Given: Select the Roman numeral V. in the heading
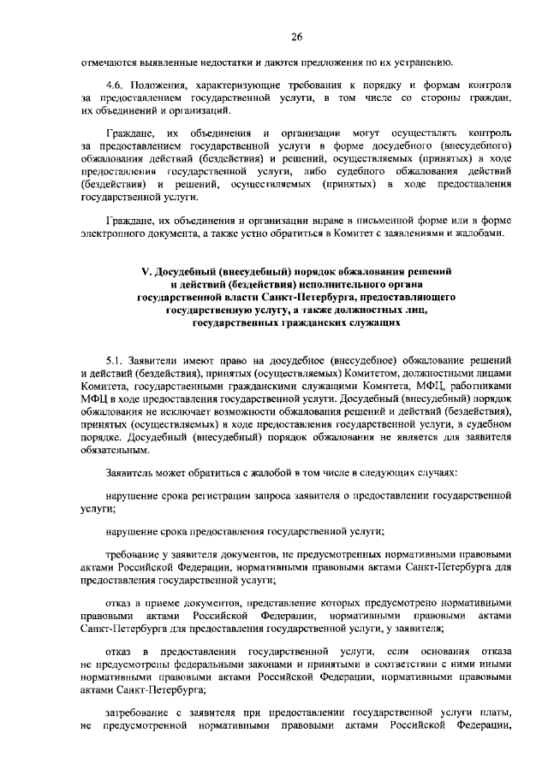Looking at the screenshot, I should [x=146, y=271].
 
